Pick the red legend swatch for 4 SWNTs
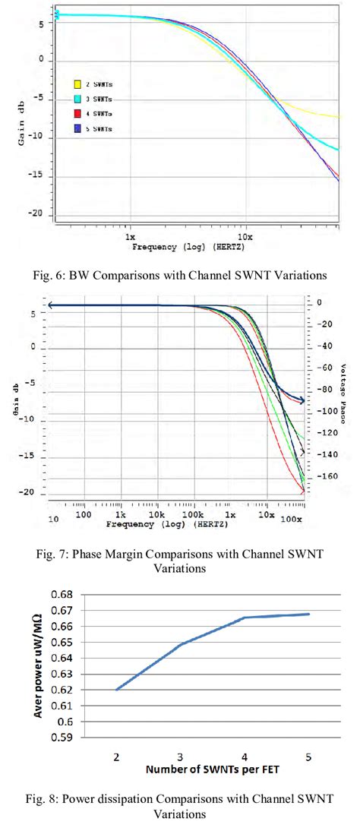(77, 114)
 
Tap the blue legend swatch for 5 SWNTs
(77, 129)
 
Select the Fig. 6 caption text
(180, 276)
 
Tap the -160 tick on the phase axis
(325, 476)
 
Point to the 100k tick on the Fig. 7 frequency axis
(193, 514)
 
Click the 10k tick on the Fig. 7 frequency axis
(157, 514)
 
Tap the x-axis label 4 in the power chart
(245, 757)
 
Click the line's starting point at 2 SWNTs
(116, 690)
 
